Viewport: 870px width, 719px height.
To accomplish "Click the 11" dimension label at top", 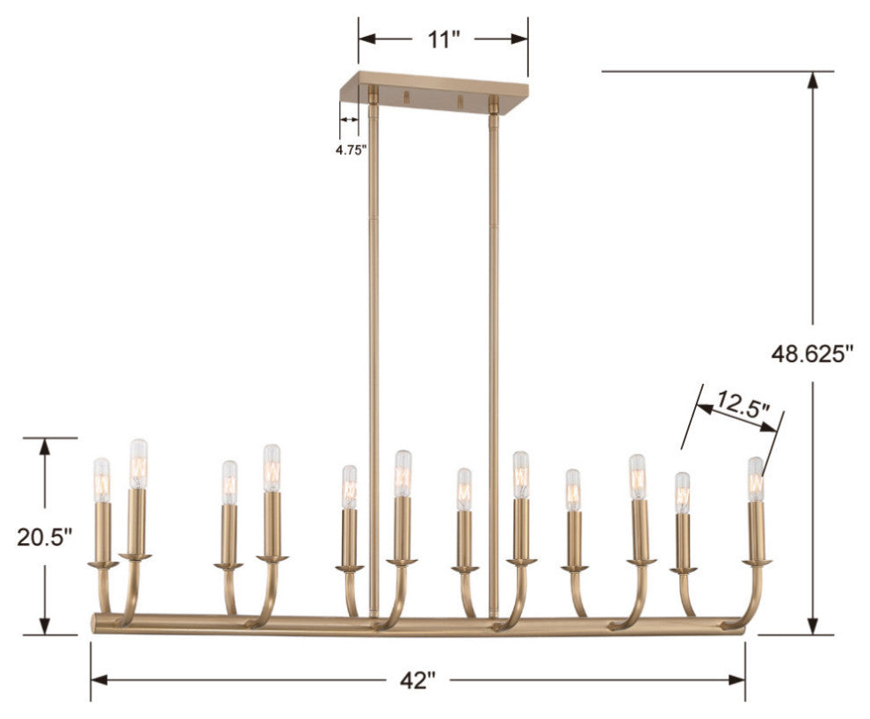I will point(444,40).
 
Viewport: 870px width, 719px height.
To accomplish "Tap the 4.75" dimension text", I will point(351,149).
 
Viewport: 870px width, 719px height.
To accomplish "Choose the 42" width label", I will point(418,679).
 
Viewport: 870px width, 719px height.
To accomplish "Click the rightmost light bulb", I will point(755,478).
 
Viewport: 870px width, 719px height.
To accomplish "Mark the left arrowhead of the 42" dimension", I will point(99,679).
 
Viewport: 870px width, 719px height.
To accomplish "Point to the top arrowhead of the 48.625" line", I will point(814,80).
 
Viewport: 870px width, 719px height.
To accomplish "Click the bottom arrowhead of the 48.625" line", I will point(814,624).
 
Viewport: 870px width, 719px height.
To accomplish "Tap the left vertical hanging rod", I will point(374,352).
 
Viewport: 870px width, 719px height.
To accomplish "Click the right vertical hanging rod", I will point(493,352).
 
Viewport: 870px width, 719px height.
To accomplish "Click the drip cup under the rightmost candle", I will point(756,562).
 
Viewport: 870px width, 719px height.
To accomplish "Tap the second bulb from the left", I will point(138,463).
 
